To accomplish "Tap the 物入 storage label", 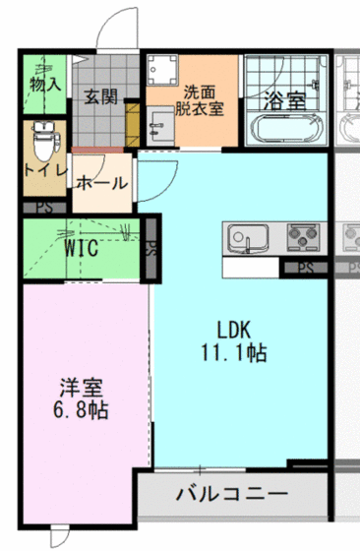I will click(45, 85).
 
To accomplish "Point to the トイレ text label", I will click(45, 170).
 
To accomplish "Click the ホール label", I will click(98, 183).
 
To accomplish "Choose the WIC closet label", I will click(81, 249).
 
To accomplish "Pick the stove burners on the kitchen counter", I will click(302, 237).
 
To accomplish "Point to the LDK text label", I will click(235, 330).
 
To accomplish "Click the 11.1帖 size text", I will click(236, 351).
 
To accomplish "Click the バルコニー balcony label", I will click(232, 493).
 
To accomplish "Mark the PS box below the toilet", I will click(44, 208).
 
